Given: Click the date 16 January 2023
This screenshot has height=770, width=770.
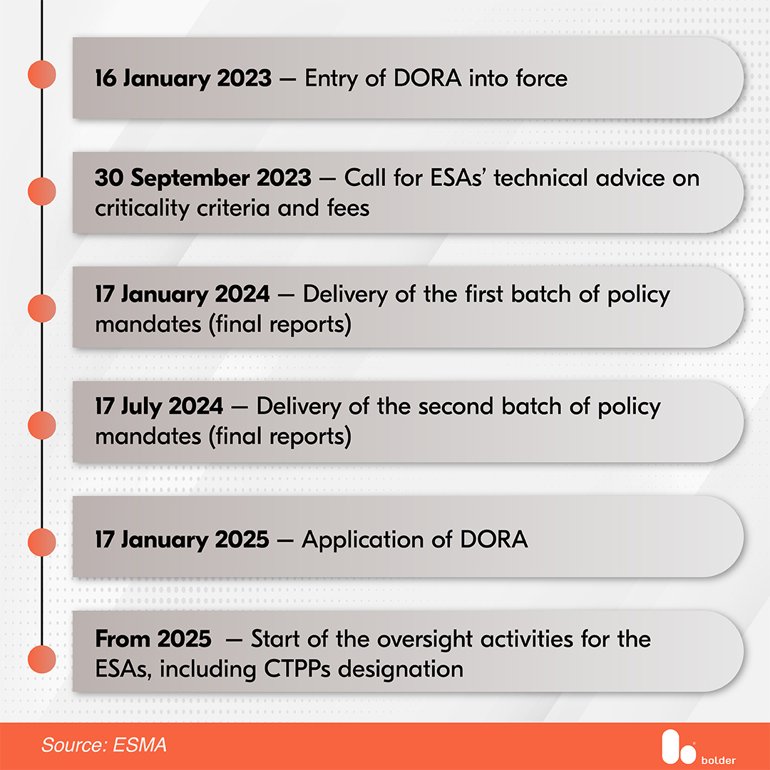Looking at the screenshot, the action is pyautogui.click(x=183, y=78).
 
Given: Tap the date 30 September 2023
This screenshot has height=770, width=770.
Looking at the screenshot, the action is pyautogui.click(x=203, y=178).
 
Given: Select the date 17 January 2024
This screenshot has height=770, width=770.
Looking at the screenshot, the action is pyautogui.click(x=183, y=294).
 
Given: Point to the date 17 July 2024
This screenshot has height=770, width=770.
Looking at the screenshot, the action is pyautogui.click(x=159, y=406).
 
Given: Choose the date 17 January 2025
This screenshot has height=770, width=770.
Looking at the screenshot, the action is pyautogui.click(x=183, y=539).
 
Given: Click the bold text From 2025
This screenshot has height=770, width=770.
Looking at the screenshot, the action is pyautogui.click(x=153, y=639).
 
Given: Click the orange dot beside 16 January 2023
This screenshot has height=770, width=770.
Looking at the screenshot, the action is pyautogui.click(x=41, y=74).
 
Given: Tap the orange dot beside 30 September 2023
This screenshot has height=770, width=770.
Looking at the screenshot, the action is pyautogui.click(x=41, y=191).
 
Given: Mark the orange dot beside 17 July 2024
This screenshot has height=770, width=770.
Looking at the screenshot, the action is pyautogui.click(x=41, y=426).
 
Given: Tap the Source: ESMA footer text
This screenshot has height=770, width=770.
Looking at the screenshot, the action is pyautogui.click(x=104, y=746).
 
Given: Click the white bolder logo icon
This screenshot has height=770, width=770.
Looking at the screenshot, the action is pyautogui.click(x=674, y=745).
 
